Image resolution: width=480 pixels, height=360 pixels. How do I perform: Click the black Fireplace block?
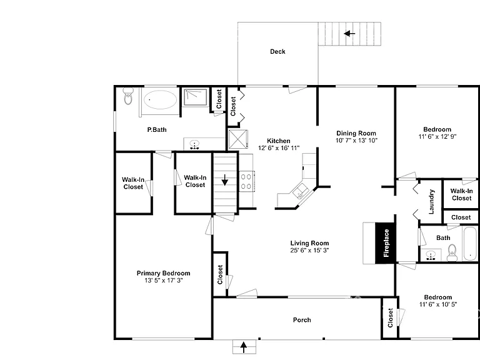(x=386, y=243)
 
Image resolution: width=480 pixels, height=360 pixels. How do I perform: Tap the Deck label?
(x=277, y=52)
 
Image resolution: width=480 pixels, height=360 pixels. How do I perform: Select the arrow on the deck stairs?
(x=349, y=33)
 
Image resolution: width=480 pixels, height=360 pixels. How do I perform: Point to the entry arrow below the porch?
(x=244, y=347)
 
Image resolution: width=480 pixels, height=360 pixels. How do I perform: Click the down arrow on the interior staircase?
(x=225, y=180)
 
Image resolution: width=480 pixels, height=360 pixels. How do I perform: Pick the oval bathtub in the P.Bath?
(x=160, y=99)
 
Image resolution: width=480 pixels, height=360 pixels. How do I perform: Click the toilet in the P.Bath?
(x=128, y=96)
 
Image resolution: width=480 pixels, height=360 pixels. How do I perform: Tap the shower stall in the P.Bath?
(x=195, y=97)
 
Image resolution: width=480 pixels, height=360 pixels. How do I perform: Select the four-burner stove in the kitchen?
(x=246, y=181)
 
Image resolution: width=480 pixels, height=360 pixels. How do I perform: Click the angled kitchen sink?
(x=301, y=192)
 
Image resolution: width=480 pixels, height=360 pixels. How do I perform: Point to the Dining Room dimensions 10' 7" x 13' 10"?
(x=356, y=141)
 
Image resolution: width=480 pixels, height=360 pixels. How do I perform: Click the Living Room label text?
(x=309, y=243)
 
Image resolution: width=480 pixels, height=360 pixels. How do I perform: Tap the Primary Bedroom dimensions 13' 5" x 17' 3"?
(x=164, y=281)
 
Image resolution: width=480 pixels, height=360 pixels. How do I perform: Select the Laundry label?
(x=431, y=201)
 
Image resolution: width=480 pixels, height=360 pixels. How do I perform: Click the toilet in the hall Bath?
(x=452, y=253)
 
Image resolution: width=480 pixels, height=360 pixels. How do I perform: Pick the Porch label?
(x=302, y=320)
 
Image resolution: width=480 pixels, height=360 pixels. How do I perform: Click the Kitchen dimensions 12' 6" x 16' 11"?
(x=279, y=148)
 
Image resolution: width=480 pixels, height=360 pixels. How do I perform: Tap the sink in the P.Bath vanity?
(x=194, y=144)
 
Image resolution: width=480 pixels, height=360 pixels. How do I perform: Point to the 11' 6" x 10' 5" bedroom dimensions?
(x=438, y=304)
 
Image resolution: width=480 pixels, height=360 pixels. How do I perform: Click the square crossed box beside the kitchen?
(x=238, y=139)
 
